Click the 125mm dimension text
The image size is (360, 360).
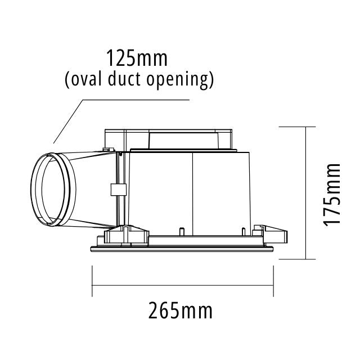tap(137, 58)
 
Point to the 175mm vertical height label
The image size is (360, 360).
tap(332, 194)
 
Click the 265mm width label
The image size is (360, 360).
tap(181, 310)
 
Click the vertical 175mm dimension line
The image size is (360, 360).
tap(305, 194)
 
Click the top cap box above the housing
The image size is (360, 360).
tap(169, 137)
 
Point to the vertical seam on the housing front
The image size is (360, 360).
tap(192, 191)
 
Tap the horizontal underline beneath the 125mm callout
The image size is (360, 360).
tap(135, 100)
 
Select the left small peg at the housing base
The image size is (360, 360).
tap(182, 231)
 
